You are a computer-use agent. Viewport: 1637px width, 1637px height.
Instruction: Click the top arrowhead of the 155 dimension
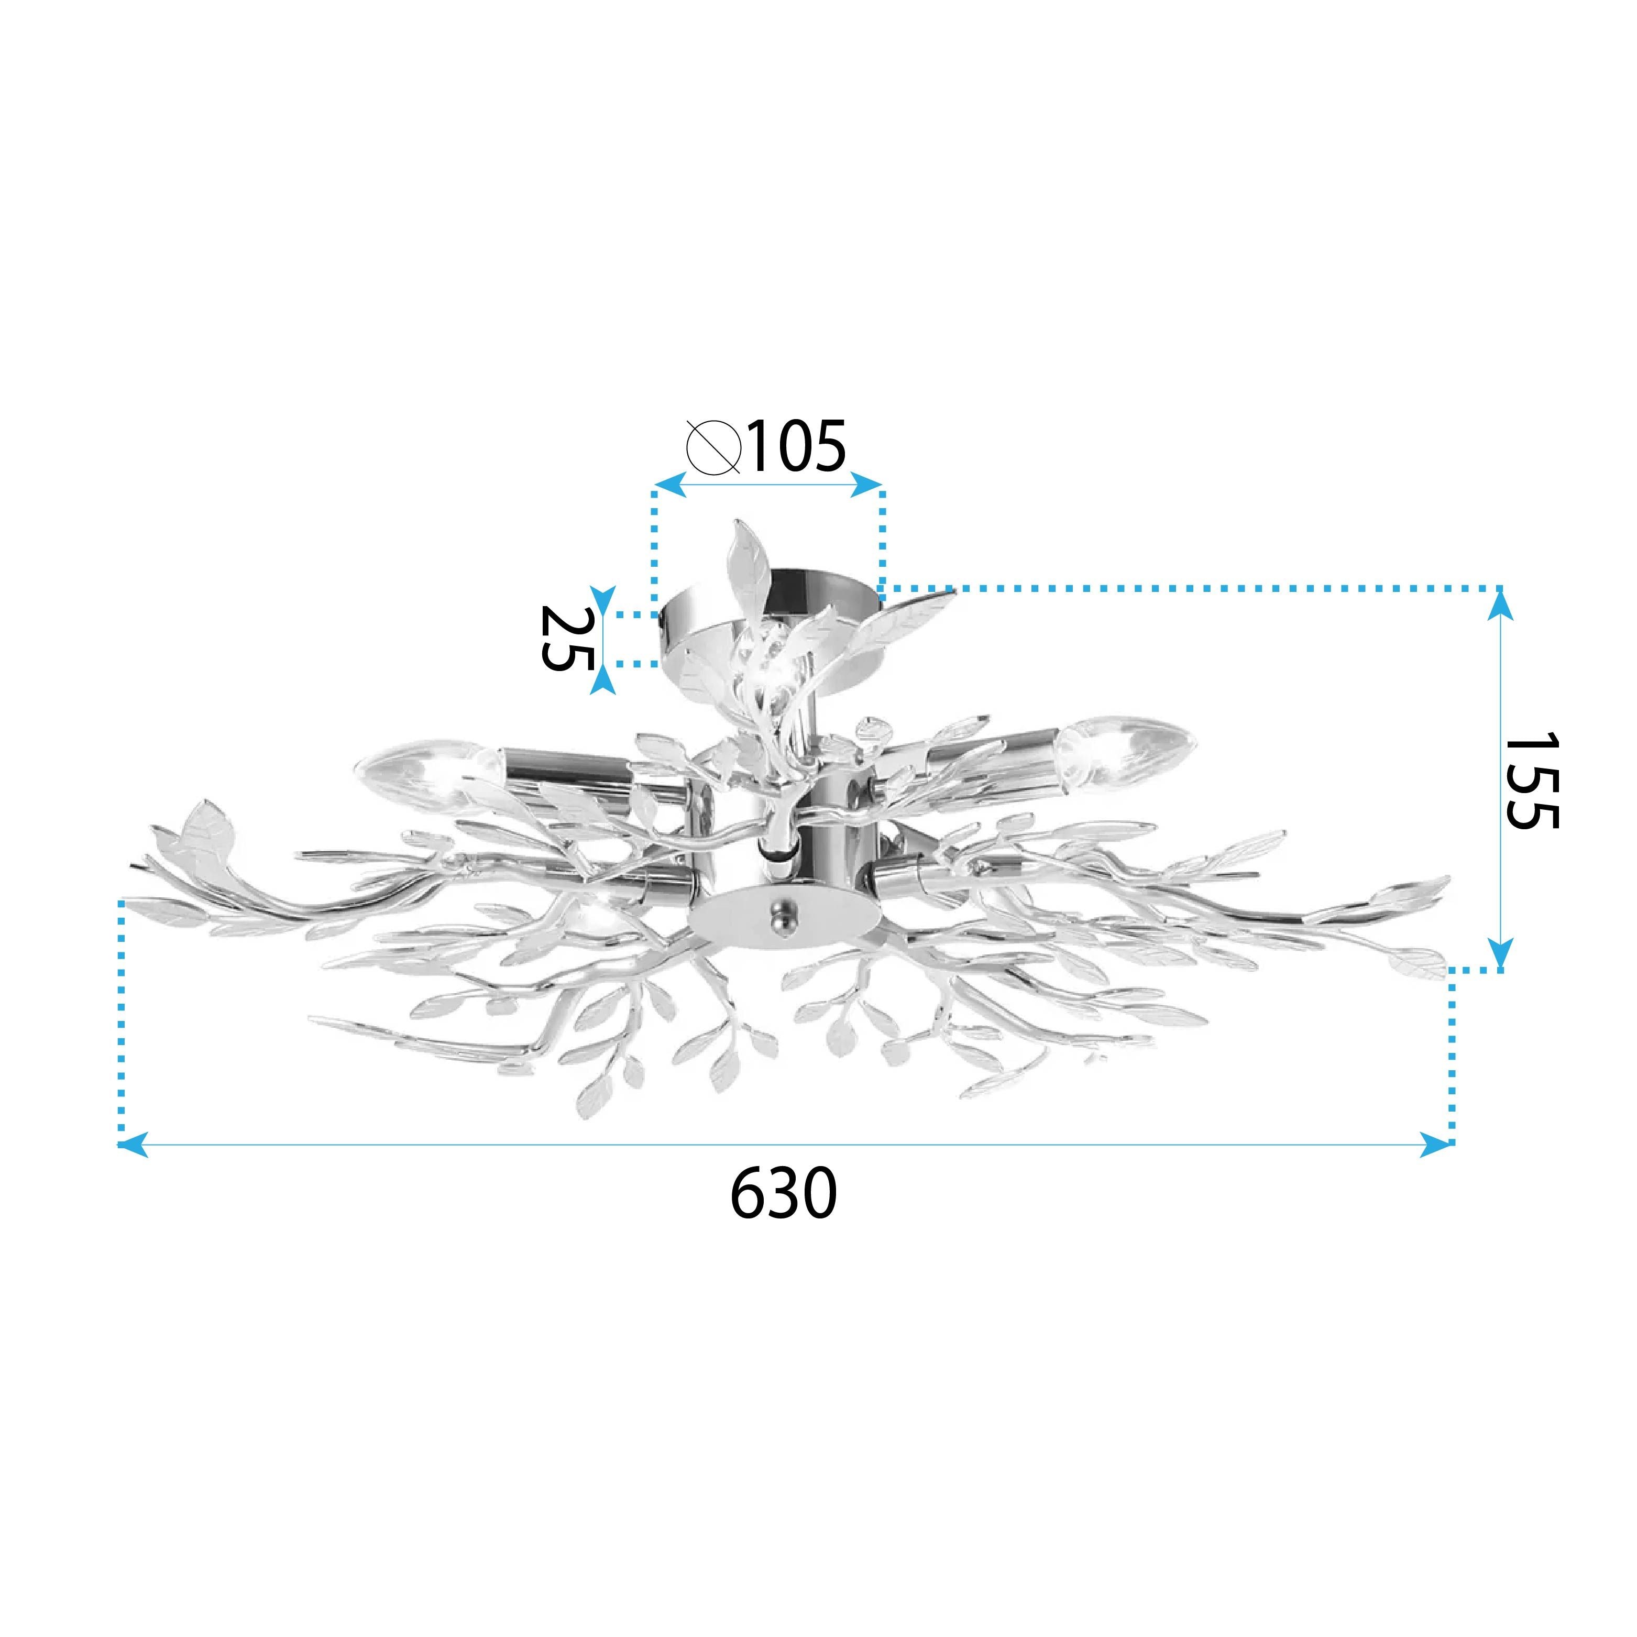(1501, 603)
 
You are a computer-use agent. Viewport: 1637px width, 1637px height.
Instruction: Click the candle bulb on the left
(420, 772)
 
